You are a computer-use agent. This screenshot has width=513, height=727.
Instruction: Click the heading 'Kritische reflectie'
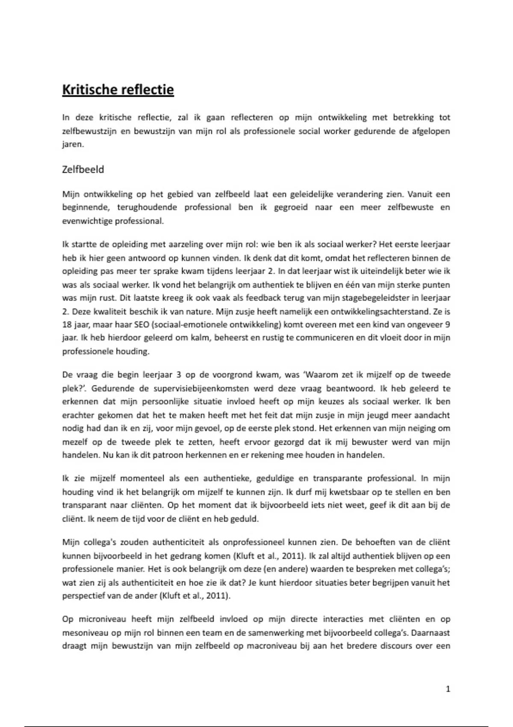coord(118,90)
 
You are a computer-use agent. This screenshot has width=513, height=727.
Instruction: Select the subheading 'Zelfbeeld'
coord(83,169)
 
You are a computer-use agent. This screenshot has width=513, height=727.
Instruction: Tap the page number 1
coord(448,689)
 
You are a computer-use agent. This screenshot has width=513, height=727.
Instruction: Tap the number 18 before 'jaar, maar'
coord(67,324)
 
